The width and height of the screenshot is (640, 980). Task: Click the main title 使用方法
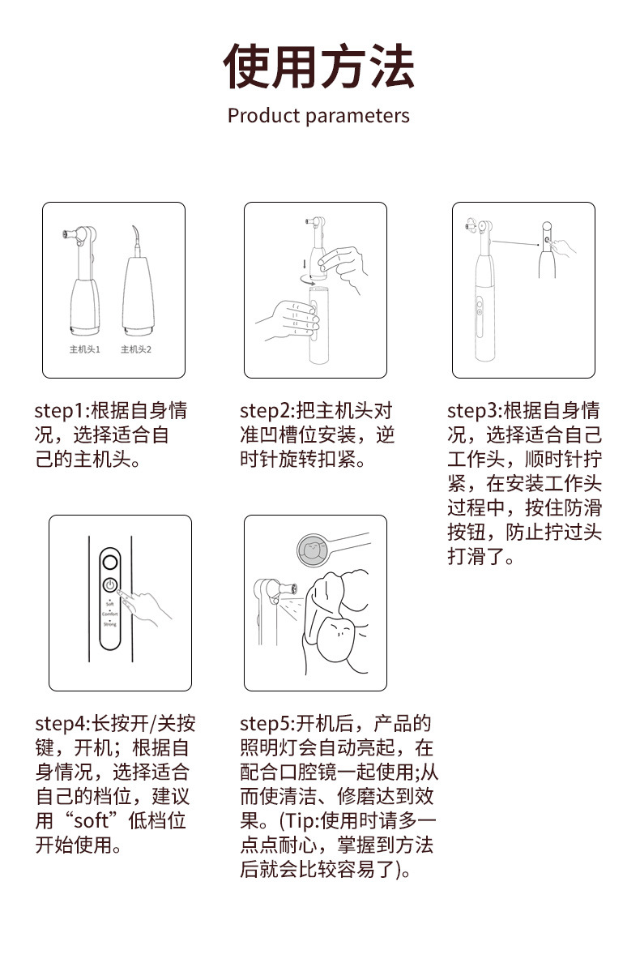click(319, 66)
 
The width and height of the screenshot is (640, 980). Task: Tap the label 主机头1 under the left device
click(84, 349)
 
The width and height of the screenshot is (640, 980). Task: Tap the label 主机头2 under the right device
click(136, 349)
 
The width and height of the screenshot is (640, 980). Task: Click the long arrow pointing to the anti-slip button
click(517, 240)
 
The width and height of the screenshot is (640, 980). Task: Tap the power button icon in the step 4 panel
click(109, 584)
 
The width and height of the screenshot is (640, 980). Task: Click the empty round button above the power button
click(109, 561)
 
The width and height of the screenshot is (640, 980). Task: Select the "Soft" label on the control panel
click(109, 603)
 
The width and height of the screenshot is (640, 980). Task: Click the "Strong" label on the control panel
click(109, 624)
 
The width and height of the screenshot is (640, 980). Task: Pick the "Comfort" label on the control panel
click(109, 614)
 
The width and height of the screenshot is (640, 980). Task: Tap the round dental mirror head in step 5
click(312, 550)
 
